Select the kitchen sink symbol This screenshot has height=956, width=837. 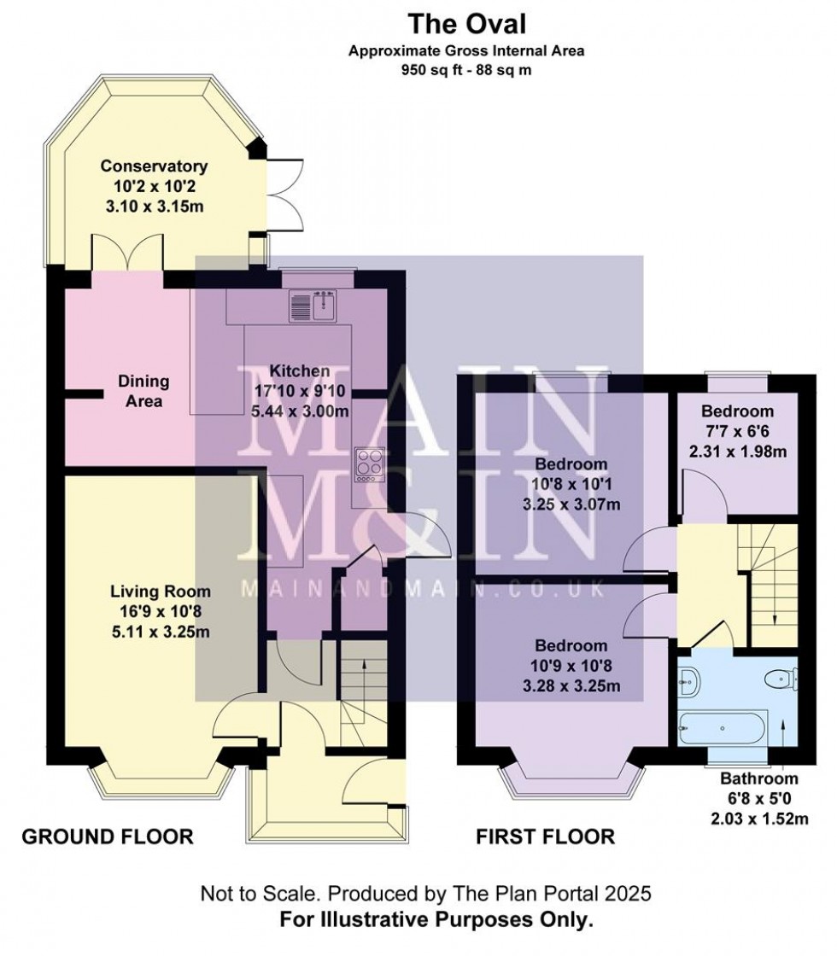tap(315, 305)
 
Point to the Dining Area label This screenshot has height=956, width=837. tap(143, 391)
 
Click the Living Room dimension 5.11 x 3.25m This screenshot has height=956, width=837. tap(160, 632)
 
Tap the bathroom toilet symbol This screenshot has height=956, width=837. tap(781, 679)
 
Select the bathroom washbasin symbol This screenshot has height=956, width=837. tap(690, 681)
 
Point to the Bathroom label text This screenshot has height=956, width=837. tap(758, 778)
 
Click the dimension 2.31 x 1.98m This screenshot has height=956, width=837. tap(740, 452)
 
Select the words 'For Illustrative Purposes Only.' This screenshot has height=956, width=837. tap(438, 921)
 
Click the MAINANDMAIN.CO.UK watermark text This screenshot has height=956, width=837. tap(424, 589)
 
